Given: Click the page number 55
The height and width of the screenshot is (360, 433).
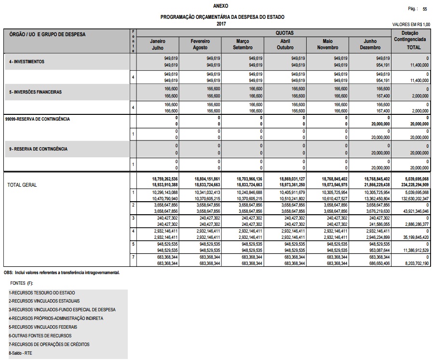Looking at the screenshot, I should coord(425,9).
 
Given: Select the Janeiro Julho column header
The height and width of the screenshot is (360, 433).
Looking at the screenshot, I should coord(158,44).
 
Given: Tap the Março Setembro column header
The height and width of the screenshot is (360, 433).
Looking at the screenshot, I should coord(243,44).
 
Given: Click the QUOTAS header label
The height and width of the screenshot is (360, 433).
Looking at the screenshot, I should coord(284,33).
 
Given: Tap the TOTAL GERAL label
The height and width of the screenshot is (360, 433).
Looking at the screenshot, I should coord(22,185).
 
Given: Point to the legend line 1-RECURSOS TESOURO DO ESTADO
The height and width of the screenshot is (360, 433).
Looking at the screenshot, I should coord(42,293).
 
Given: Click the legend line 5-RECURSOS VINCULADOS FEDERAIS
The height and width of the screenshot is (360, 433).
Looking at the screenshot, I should coord(43,327).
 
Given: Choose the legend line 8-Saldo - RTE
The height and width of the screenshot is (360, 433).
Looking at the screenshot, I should coord(21,353).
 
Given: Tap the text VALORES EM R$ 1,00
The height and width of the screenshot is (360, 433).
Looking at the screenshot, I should coord(411,24).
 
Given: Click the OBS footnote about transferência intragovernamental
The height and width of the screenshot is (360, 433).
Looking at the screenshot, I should coord(62,273).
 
